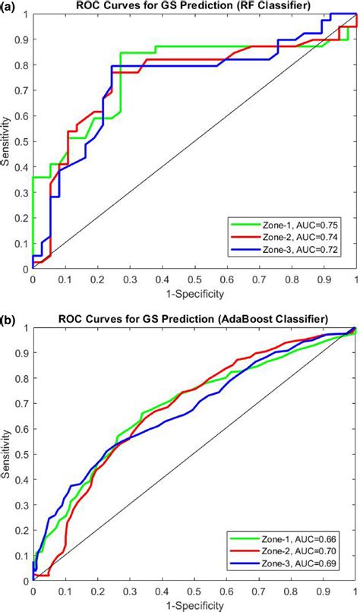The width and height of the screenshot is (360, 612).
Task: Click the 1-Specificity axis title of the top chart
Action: tap(194, 291)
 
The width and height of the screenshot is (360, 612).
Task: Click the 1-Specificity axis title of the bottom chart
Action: tap(194, 605)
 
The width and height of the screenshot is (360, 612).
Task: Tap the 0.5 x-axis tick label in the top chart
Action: tap(194, 279)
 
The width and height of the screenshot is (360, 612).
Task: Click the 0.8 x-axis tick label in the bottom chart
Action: tap(292, 593)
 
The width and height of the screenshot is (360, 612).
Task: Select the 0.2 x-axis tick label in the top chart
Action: tap(97, 279)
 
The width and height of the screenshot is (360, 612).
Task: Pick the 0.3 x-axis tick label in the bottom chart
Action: tap(130, 593)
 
